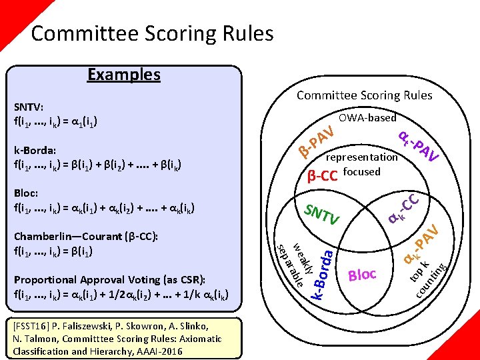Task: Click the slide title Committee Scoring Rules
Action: click(x=152, y=33)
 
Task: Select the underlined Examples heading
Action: click(x=124, y=74)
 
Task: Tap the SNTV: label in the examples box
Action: click(x=29, y=107)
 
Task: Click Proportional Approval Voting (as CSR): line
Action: click(x=109, y=280)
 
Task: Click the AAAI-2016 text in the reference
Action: click(x=163, y=351)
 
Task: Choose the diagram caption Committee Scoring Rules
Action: click(x=364, y=95)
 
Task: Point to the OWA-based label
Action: click(x=367, y=118)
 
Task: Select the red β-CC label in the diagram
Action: click(x=322, y=176)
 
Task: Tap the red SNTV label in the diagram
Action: click(x=322, y=214)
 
